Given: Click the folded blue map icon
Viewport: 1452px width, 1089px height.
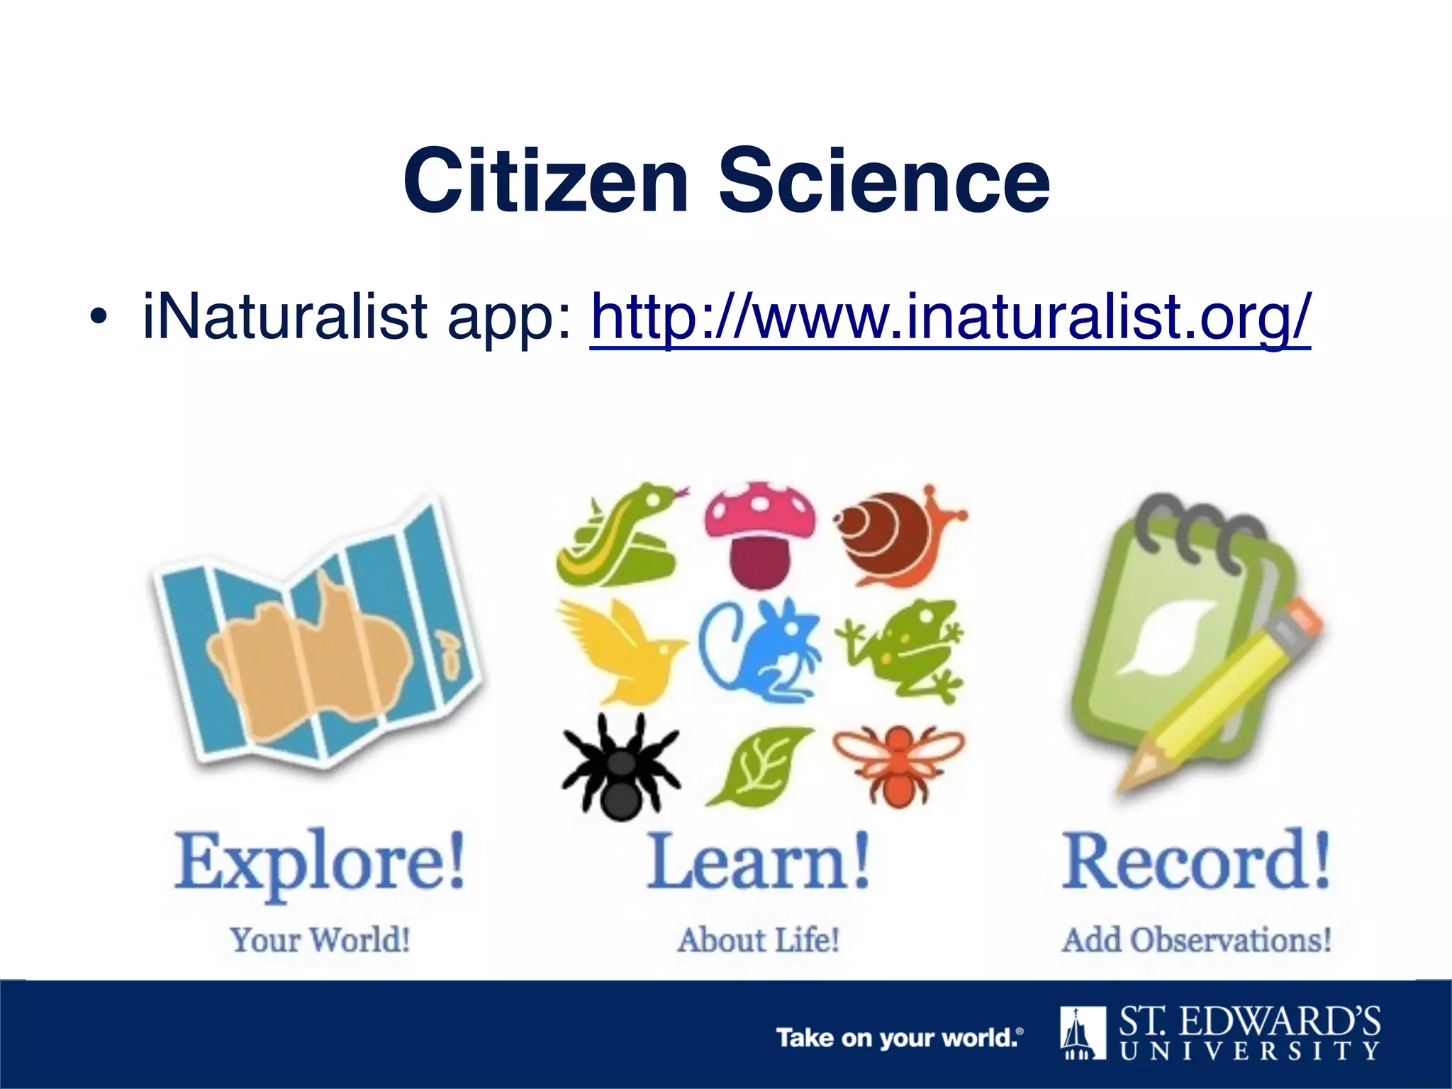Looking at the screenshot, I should pos(316,638).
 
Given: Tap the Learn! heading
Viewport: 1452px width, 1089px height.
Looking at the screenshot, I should pos(759,862).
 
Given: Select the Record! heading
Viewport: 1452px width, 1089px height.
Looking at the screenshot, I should pos(1195,862).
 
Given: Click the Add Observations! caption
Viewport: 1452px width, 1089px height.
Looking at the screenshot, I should pos(1195,940).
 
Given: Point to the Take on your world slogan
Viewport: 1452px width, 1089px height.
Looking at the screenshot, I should pos(899,1038).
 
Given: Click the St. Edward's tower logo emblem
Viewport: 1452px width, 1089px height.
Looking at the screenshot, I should pos(1083,1032).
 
